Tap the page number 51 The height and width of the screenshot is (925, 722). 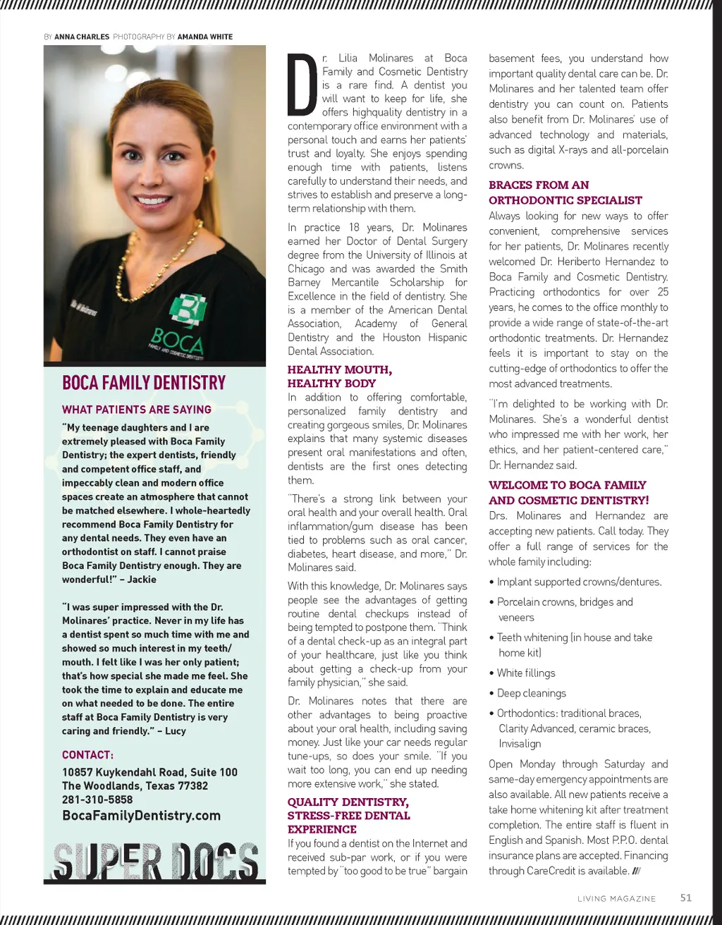(x=685, y=898)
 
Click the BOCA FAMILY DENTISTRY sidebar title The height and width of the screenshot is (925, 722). (x=144, y=383)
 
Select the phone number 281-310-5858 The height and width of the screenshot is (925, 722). (x=97, y=800)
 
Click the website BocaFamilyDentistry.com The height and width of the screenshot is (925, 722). (x=141, y=816)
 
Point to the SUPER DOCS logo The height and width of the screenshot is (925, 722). (x=155, y=862)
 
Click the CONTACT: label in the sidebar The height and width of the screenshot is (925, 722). (x=87, y=755)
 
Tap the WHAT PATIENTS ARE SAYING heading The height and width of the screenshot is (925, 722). (x=137, y=410)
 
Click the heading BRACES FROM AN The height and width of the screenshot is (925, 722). (x=539, y=185)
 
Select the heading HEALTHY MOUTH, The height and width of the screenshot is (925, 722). (x=340, y=369)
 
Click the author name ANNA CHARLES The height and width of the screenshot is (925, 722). (x=82, y=37)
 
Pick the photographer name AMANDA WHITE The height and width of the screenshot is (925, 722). (x=205, y=37)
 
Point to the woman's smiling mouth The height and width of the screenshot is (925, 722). (x=154, y=200)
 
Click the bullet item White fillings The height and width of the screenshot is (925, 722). (x=526, y=673)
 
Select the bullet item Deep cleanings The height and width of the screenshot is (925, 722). (x=532, y=693)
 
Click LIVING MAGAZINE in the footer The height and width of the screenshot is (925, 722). (x=616, y=899)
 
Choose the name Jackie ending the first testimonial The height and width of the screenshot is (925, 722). (x=142, y=580)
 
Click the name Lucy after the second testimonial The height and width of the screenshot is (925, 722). (x=175, y=731)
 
